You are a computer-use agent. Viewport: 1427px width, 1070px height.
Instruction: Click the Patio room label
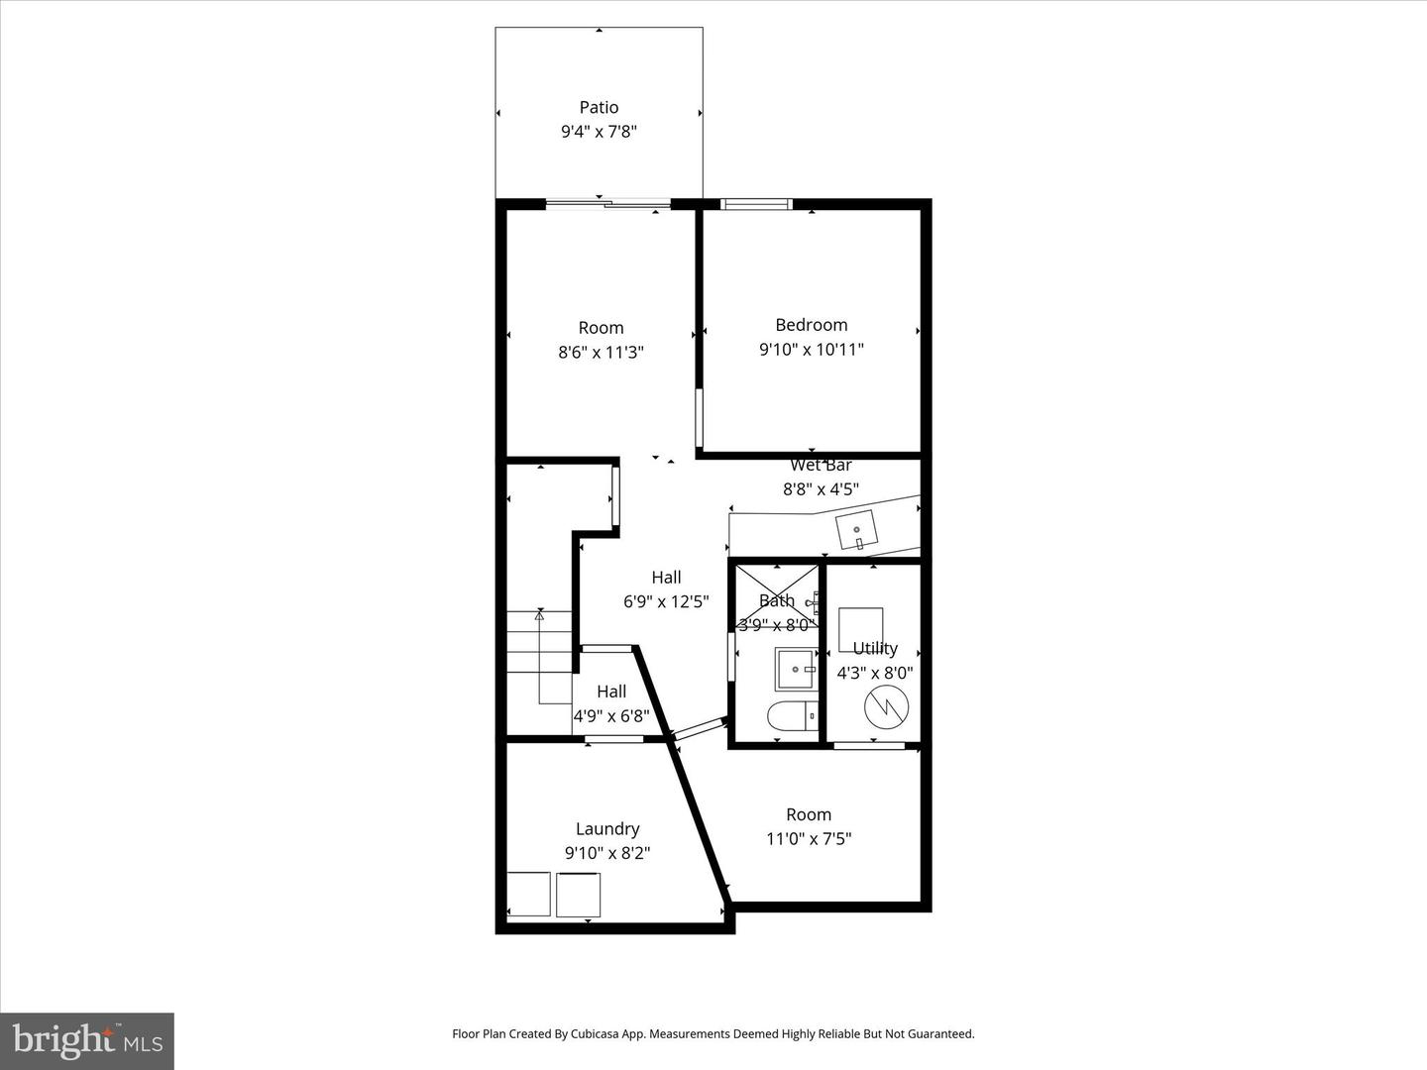(599, 107)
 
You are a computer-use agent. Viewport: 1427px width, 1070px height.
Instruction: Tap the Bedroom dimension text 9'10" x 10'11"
(812, 349)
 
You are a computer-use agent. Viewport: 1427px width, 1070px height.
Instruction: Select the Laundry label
(607, 828)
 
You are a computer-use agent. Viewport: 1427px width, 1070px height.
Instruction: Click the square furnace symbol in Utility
(861, 628)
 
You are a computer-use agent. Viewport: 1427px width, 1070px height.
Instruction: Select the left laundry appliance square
(527, 895)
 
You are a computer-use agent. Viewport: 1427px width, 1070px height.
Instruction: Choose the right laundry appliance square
(578, 895)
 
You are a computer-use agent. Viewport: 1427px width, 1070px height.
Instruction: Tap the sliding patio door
(607, 205)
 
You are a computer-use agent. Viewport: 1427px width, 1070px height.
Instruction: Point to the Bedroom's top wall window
(756, 205)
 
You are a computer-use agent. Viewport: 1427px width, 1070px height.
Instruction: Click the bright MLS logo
(87, 1040)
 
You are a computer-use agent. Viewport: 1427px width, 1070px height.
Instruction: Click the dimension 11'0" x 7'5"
(809, 838)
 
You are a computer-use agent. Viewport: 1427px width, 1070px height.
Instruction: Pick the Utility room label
(875, 648)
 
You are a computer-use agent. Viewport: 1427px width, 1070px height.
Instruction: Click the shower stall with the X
(777, 592)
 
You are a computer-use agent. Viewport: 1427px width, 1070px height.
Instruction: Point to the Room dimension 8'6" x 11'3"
(601, 351)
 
